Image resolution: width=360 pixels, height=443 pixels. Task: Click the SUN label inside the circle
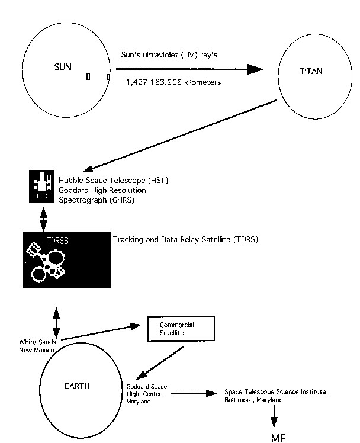(63, 67)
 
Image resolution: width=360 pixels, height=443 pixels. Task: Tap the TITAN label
(311, 71)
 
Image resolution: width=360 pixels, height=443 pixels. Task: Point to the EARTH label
(77, 386)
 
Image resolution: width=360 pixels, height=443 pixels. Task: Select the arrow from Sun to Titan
(189, 69)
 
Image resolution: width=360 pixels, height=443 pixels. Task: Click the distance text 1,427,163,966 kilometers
(173, 82)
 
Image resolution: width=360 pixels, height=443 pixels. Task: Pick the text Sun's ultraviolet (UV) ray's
(169, 55)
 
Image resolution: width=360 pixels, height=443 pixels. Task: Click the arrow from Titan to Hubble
(179, 136)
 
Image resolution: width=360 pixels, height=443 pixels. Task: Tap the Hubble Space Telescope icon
(41, 186)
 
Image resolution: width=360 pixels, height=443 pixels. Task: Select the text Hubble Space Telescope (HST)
(114, 180)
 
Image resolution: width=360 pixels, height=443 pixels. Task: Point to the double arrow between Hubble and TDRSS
(43, 219)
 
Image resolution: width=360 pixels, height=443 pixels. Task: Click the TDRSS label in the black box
(57, 240)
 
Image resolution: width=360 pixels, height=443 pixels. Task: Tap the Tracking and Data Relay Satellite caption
(185, 240)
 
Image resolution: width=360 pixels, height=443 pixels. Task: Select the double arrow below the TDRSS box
(56, 323)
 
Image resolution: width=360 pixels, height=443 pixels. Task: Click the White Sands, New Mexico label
(38, 346)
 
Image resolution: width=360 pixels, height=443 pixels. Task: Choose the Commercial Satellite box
(181, 329)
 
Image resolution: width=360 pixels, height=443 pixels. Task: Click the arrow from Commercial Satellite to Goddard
(159, 363)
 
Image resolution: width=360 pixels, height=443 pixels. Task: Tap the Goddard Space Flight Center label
(146, 394)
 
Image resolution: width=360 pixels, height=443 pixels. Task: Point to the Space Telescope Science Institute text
(276, 396)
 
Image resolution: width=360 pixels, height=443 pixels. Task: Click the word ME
(278, 438)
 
